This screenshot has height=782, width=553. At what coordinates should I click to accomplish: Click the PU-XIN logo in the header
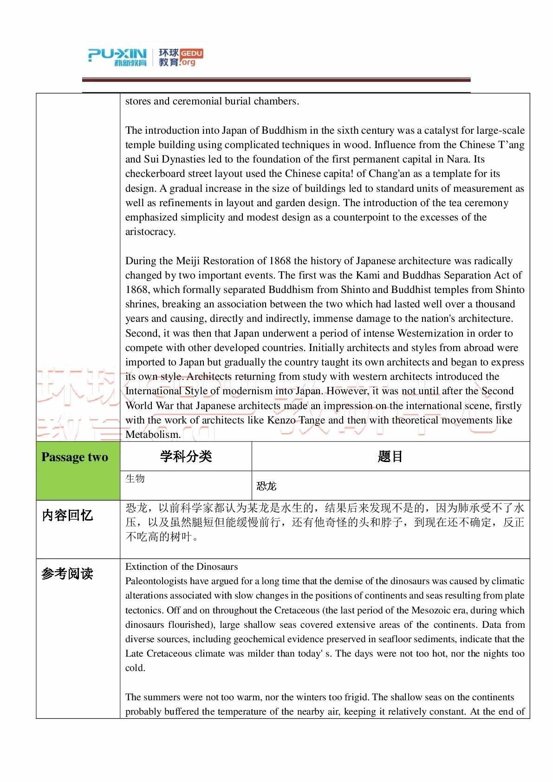(117, 57)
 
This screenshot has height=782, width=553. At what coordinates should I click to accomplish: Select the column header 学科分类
(186, 456)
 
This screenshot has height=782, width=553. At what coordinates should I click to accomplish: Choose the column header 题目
(390, 456)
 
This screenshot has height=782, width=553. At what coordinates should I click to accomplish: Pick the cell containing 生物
(135, 479)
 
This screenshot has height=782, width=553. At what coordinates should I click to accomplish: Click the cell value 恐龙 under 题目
(267, 486)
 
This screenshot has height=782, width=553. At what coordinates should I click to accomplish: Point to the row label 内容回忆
(68, 515)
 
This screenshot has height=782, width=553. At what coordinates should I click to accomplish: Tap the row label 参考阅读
(68, 573)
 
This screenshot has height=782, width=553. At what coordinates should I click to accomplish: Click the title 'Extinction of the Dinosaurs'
(182, 567)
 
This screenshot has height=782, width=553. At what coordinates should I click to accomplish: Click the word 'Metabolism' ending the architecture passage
(152, 435)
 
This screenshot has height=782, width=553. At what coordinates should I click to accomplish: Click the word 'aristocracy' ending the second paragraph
(150, 232)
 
